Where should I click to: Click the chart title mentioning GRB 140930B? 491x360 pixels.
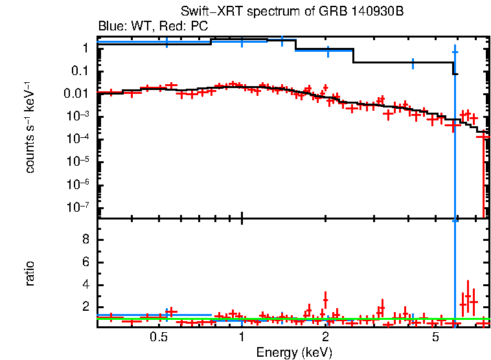coord(287,13)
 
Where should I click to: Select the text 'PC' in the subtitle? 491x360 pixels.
coord(200,27)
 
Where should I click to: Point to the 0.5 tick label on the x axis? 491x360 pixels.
coord(159,337)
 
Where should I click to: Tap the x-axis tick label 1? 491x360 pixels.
coord(242,337)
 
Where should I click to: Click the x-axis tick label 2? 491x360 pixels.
coord(325,337)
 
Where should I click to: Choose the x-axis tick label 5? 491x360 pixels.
coord(435,337)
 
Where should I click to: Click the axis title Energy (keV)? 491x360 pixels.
coord(294,352)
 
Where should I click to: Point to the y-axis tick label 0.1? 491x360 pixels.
coord(80,71)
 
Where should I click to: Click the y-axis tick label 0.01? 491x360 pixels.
coord(76,93)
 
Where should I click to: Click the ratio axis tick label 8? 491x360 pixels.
coord(85,240)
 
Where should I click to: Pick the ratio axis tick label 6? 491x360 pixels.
coord(85,262)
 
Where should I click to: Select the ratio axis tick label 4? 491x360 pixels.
coord(85,285)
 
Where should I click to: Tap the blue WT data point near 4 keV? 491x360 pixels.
coord(413,63)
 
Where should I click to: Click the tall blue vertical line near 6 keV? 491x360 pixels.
coord(455,162)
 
